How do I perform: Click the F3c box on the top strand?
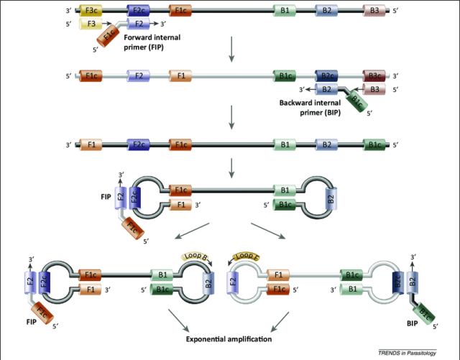click(x=91, y=11)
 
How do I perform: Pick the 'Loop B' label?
click(x=195, y=256)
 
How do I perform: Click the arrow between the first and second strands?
click(x=231, y=50)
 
